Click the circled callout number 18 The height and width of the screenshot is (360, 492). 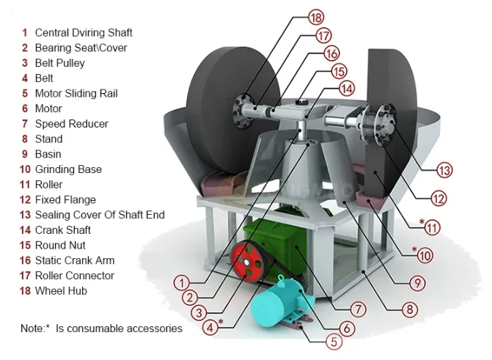pyautogui.click(x=316, y=17)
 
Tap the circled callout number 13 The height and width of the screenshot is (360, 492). pyautogui.click(x=444, y=170)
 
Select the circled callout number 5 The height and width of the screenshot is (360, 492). pyautogui.click(x=334, y=342)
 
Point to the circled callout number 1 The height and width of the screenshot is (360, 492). pyautogui.click(x=182, y=283)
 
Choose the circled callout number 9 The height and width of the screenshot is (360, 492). pyautogui.click(x=417, y=283)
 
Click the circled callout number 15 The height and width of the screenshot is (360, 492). pyautogui.click(x=339, y=71)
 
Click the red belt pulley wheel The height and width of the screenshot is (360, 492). pyautogui.click(x=248, y=260)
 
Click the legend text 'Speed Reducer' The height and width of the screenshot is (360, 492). pyautogui.click(x=72, y=124)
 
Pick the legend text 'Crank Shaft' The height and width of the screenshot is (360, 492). pyautogui.click(x=63, y=230)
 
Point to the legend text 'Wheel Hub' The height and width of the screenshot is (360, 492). pyautogui.click(x=61, y=290)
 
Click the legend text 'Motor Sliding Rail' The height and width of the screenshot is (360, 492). pyautogui.click(x=76, y=93)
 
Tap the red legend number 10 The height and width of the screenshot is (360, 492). pyautogui.click(x=25, y=169)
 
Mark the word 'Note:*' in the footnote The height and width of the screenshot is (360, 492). pyautogui.click(x=35, y=328)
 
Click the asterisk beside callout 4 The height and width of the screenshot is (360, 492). pyautogui.click(x=221, y=321)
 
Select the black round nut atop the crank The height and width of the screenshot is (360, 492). pyautogui.click(x=302, y=102)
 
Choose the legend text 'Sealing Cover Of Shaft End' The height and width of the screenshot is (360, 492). pyautogui.click(x=100, y=215)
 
